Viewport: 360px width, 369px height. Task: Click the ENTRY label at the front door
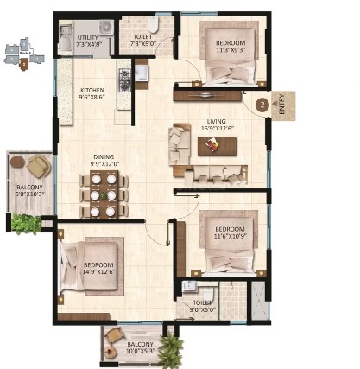click(281, 105)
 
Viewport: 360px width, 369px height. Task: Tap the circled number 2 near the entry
click(262, 105)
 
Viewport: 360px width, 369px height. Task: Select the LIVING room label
click(218, 121)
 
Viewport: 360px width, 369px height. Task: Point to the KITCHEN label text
click(92, 90)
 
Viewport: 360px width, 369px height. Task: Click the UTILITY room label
click(88, 38)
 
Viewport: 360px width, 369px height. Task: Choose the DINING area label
click(104, 157)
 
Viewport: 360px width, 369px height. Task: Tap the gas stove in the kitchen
click(125, 80)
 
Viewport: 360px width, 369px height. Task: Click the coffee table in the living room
click(218, 146)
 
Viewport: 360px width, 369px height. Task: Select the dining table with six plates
click(104, 194)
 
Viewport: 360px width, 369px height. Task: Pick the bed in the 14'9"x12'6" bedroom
click(89, 266)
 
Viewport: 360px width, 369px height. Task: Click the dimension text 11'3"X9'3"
click(231, 49)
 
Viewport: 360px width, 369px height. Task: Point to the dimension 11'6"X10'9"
click(231, 236)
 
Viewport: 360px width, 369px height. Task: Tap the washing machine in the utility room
click(106, 28)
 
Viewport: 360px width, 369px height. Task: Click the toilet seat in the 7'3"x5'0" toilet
click(153, 25)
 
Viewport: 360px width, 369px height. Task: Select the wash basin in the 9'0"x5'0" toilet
click(189, 286)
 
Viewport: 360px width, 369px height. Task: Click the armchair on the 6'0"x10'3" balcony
click(39, 166)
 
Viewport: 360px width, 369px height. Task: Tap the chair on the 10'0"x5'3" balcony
click(115, 335)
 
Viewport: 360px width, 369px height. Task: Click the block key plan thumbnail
click(24, 54)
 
